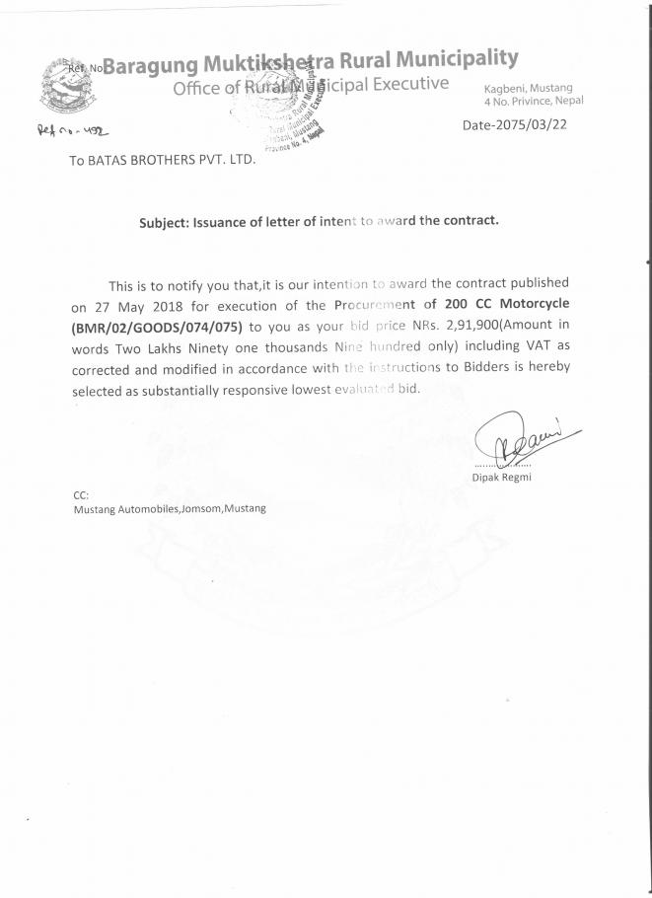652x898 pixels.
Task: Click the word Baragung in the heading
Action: (150, 67)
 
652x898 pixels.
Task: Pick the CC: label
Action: (81, 495)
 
